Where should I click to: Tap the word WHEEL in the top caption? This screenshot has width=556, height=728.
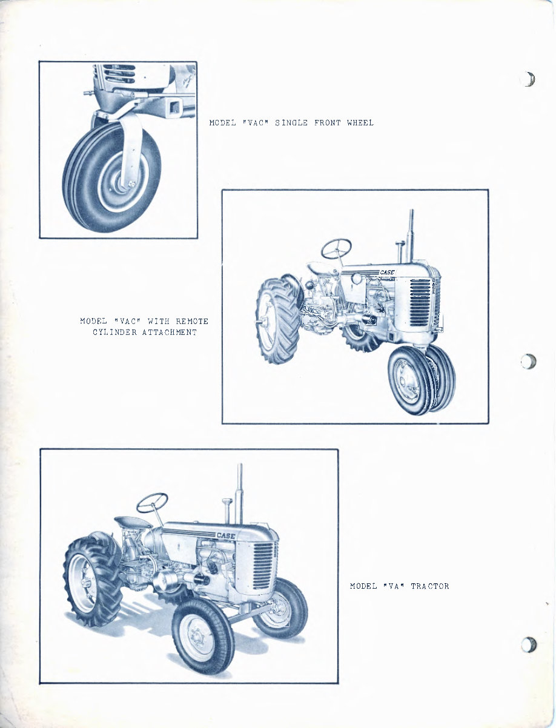tap(360, 123)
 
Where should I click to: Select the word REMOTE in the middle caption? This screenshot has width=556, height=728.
tap(191, 321)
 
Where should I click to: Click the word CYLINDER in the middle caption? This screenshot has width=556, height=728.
tap(114, 333)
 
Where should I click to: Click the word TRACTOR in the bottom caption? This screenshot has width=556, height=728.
tap(429, 586)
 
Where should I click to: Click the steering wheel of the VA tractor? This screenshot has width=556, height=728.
tap(151, 502)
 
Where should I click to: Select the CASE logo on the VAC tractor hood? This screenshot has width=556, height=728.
tap(387, 273)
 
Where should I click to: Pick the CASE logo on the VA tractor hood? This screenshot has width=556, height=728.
tap(226, 535)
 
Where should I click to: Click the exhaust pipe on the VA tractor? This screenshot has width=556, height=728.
tap(240, 494)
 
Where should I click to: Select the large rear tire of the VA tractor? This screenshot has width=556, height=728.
tap(91, 581)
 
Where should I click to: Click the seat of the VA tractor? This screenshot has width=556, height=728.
tap(133, 521)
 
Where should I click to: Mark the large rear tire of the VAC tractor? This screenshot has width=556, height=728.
tap(276, 321)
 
